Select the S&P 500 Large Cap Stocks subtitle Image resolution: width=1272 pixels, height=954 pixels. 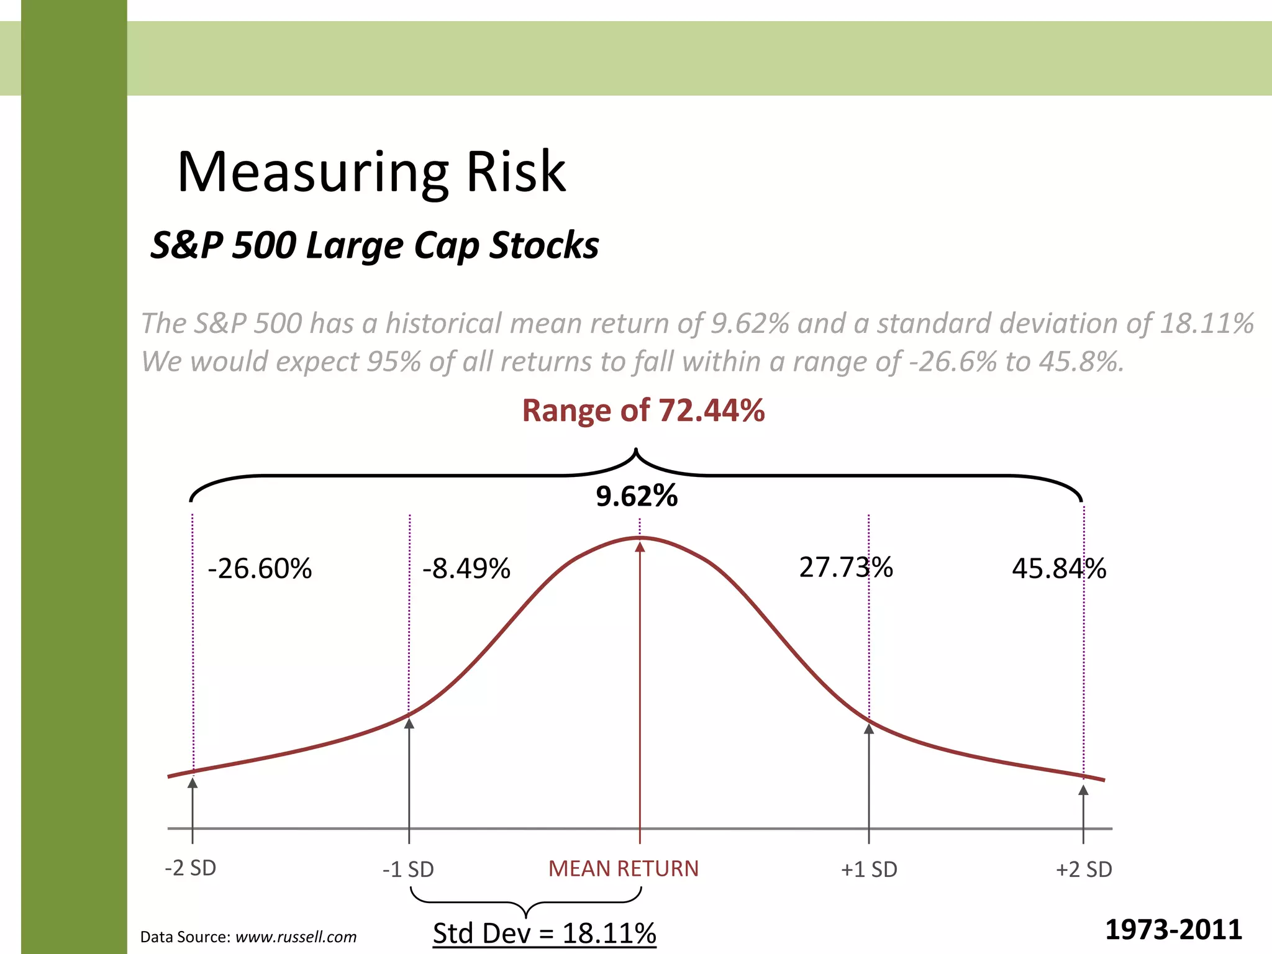point(375,245)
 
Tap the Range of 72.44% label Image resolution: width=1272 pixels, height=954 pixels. point(643,411)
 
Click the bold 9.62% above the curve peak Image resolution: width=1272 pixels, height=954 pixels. point(637,496)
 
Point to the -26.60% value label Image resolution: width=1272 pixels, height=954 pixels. point(260,568)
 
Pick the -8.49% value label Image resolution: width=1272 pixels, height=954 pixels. point(466,568)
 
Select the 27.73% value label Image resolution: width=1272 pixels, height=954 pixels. point(845,567)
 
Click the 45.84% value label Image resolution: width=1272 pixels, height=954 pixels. point(1058,568)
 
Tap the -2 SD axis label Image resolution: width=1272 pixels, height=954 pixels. point(190,868)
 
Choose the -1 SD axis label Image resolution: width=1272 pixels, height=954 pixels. point(408,869)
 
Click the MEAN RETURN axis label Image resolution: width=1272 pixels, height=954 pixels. point(623,868)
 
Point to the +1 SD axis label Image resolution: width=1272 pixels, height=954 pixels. point(869,869)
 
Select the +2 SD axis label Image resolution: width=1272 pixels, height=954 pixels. point(1084,869)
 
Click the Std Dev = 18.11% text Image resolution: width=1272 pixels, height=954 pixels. point(544,933)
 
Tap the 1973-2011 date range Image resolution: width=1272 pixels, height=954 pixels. point(1173,930)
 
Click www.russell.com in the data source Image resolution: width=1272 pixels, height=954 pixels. point(296,937)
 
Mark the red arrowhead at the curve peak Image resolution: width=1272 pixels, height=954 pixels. point(640,547)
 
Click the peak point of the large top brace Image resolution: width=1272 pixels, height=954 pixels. point(636,449)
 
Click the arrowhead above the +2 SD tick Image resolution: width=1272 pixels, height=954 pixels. point(1083,790)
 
